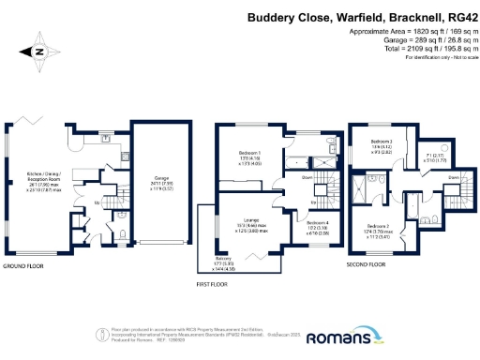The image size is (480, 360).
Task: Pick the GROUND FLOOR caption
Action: point(25,267)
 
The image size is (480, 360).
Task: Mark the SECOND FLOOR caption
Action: point(366,265)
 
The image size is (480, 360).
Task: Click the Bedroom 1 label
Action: point(249,152)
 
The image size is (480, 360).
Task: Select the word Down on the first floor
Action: point(307,176)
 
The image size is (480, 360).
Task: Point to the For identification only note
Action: point(435,58)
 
